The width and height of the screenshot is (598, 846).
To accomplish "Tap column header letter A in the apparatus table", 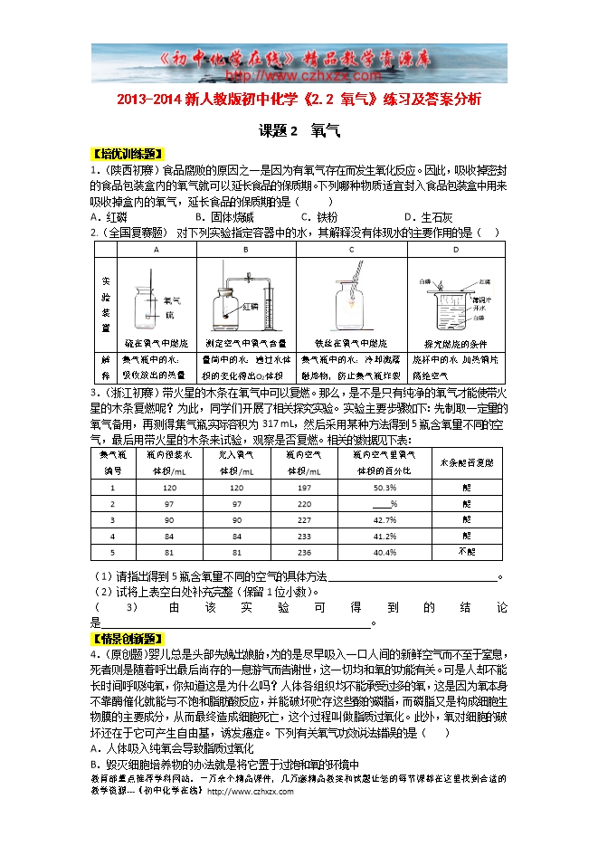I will click(x=156, y=249).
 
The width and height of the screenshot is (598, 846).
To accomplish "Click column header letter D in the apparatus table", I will click(x=455, y=249).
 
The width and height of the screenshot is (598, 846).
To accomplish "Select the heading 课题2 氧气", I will click(x=299, y=130).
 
